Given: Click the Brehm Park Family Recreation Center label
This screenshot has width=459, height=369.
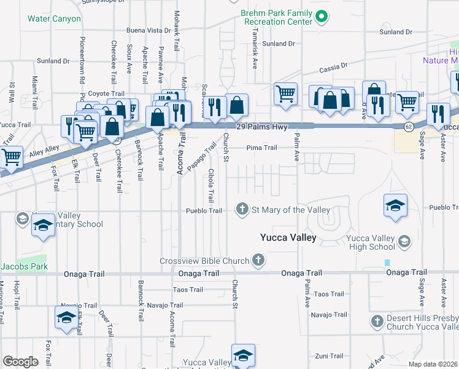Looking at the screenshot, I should pos(278,17).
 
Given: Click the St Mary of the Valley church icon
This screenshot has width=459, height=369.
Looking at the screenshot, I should pos(242,210).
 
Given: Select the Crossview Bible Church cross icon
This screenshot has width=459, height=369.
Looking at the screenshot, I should pos(258,260).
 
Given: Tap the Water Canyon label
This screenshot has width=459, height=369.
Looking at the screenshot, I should pos(54,19).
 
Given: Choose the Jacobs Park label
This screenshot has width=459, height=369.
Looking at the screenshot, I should pos(24,267).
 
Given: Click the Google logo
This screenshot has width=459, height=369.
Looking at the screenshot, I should pos(20,362).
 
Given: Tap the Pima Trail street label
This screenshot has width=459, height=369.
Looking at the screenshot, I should pos(262,148).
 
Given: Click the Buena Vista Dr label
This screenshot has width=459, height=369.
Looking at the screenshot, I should pos(148,30).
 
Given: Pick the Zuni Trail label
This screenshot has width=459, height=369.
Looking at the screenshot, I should pos(329,356).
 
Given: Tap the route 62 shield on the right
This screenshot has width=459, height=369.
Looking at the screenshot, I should pos(409,126).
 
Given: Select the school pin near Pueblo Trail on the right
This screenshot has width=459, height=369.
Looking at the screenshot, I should pos(395,206).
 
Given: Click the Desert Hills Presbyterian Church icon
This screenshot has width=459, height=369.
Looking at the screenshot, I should pos(377,320).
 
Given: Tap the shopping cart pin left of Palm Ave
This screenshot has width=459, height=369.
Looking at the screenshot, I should pos(285,94).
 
